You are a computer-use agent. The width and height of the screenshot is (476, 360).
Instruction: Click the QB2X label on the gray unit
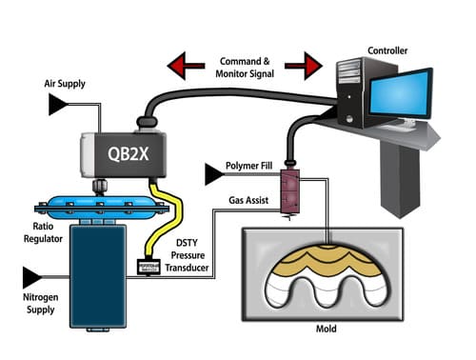point(128,154)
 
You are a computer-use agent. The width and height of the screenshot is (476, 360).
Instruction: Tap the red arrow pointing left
point(186,66)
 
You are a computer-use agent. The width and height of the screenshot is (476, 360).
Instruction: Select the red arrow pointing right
point(304,66)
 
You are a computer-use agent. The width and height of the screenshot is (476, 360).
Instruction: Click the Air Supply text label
point(65,84)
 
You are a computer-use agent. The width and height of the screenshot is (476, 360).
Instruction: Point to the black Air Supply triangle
point(58,104)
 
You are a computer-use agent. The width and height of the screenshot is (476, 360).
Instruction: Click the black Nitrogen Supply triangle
point(32,277)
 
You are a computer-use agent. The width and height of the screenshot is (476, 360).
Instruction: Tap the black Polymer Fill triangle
point(214,174)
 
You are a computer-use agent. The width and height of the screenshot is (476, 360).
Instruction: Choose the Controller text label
point(387,50)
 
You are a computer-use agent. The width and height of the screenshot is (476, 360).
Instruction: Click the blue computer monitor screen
point(400,94)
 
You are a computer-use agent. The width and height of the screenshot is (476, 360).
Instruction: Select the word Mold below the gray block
point(327,329)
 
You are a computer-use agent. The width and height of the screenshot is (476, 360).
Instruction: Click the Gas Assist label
point(248,200)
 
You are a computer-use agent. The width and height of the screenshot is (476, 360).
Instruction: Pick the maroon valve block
point(289,191)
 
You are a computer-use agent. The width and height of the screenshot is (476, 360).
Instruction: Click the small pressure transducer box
point(148,267)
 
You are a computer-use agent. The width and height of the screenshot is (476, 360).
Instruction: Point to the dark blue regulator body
point(98,275)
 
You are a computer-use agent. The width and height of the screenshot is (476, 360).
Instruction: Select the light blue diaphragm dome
point(102,208)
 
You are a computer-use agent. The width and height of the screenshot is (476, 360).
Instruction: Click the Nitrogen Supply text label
point(41,303)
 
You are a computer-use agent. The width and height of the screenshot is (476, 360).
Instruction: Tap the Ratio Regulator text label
point(43,232)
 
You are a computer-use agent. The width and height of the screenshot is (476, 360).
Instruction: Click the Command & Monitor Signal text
point(245,68)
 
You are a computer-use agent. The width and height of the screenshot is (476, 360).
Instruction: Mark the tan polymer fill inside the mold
point(327,261)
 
